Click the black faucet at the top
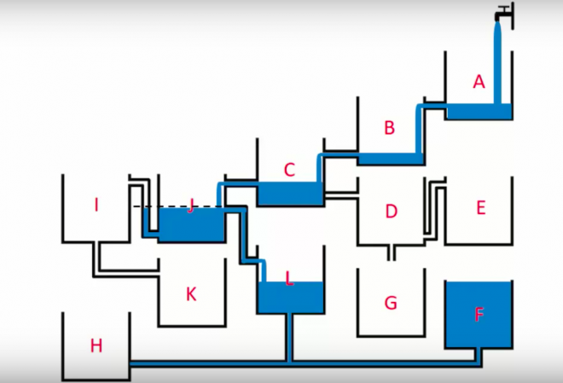504,12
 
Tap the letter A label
479,82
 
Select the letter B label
390,129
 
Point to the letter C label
289,170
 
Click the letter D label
392,211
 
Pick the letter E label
480,207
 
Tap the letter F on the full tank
479,314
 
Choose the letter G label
391,302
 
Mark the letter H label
96,345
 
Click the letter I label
96,205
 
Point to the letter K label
191,294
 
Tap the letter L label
289,278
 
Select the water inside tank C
289,194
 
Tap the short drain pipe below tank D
390,252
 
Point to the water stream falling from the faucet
498,60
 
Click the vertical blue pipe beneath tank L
290,337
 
